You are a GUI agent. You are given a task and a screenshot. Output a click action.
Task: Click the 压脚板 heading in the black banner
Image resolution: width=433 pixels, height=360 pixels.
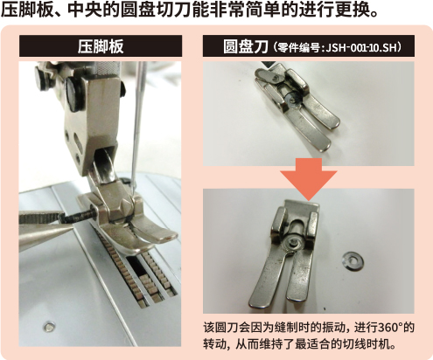click(x=101, y=46)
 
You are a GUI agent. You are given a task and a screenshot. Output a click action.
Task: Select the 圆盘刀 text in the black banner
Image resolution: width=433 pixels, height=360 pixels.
click(x=245, y=47)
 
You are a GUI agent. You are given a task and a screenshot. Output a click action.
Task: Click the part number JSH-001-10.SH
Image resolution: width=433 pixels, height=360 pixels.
click(x=361, y=47)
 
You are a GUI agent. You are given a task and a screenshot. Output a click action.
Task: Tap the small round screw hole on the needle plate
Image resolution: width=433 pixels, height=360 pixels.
click(x=49, y=326)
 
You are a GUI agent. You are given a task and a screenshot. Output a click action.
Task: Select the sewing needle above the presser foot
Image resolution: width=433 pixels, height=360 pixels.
click(x=136, y=125)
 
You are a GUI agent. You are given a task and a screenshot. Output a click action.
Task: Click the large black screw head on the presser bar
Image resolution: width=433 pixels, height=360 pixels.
click(x=73, y=93)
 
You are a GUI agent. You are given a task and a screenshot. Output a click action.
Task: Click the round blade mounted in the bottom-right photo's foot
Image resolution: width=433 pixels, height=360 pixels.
click(x=293, y=242)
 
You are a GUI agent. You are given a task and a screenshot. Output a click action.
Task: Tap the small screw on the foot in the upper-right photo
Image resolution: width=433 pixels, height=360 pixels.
click(x=275, y=78)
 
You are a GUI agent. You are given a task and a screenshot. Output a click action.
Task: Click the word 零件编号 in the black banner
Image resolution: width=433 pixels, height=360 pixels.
click(x=299, y=47)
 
